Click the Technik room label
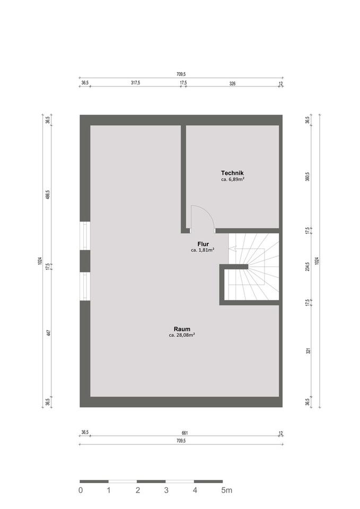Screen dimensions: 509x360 232,173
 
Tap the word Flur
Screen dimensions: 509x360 203,244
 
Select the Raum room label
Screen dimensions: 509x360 181,329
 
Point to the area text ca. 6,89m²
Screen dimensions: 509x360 232,180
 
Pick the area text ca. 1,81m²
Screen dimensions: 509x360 203,250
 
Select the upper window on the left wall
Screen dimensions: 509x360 85,236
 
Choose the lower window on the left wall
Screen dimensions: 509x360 85,286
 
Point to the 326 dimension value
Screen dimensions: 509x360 232,83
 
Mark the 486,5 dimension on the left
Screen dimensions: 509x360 48,195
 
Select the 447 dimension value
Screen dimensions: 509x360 48,333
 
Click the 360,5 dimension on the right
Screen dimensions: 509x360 308,177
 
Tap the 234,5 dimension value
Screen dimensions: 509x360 308,267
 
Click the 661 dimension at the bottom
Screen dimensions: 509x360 181,433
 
